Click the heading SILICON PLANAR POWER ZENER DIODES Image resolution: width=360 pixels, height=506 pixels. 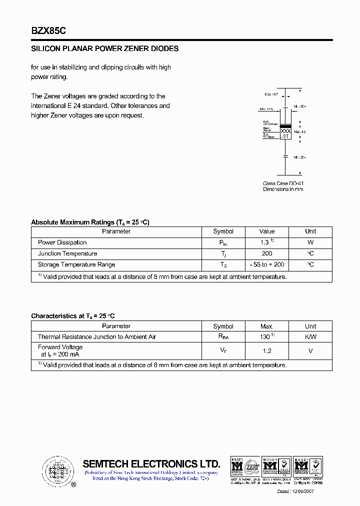[x=105, y=49]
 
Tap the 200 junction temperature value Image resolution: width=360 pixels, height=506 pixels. [x=267, y=253]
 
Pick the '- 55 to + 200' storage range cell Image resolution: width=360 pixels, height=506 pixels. [x=267, y=264]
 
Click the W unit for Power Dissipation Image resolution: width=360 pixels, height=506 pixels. [x=310, y=242]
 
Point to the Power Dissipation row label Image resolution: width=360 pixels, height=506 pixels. [x=62, y=242]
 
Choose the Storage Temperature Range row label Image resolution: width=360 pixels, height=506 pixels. [x=76, y=264]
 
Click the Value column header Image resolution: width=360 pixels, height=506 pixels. [x=267, y=231]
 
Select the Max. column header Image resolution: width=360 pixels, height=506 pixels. [x=267, y=326]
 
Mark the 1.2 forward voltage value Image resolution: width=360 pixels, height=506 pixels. [x=267, y=351]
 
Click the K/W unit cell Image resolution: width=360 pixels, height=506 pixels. [x=310, y=337]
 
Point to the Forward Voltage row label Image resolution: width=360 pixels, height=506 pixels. [x=60, y=347]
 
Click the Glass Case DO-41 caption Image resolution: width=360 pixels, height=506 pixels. [x=283, y=183]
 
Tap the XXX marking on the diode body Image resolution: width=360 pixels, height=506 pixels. [x=285, y=130]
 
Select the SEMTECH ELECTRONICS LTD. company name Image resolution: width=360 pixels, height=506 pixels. [x=151, y=463]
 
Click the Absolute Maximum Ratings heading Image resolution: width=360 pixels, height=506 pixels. [x=90, y=222]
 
